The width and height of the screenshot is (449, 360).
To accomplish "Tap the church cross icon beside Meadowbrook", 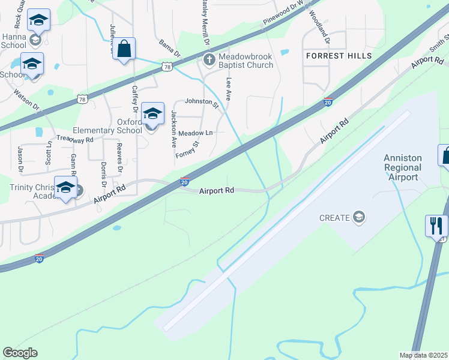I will click(209, 59).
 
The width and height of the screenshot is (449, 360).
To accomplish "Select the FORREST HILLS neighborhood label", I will click(339, 56).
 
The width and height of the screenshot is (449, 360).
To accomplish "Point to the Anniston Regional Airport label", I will click(403, 167).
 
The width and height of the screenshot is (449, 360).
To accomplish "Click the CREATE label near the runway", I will click(334, 218).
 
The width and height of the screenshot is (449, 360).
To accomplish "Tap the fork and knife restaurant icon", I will click(436, 226).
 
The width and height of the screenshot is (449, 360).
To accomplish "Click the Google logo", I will click(20, 353).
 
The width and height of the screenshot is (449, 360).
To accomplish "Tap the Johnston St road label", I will click(201, 101).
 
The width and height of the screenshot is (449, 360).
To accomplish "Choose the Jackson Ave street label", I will click(173, 129).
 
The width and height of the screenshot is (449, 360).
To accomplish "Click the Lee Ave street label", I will click(228, 88).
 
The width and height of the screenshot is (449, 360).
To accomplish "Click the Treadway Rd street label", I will click(75, 139).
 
